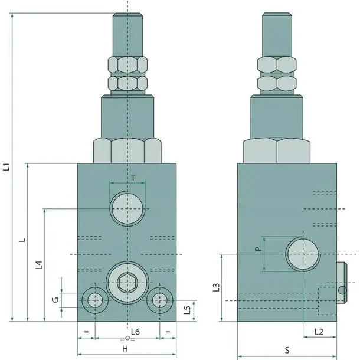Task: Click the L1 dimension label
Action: [7, 167]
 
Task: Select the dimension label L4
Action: [39, 265]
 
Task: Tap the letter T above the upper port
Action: [133, 178]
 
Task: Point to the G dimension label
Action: [55, 300]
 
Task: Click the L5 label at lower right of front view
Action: [188, 310]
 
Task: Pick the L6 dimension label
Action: [136, 332]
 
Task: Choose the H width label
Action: [125, 349]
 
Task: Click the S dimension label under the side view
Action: [287, 351]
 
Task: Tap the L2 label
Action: [319, 332]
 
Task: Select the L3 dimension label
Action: [216, 287]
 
